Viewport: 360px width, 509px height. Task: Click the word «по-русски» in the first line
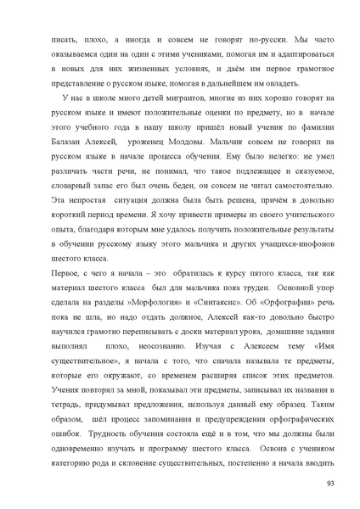click(247, 39)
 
